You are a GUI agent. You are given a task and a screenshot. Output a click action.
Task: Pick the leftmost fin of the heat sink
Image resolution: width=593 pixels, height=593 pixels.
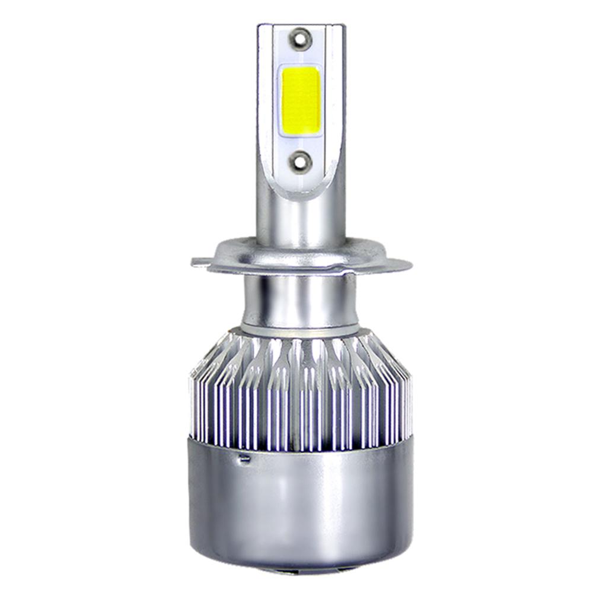click(193, 403)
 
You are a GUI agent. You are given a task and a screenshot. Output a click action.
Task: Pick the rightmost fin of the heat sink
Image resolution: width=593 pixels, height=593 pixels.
click(409, 403)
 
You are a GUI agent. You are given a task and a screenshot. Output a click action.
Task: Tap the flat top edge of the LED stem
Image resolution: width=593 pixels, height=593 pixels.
click(301, 25)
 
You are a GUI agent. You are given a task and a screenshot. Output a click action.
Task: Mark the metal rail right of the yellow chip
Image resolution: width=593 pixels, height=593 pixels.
click(336, 101)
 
